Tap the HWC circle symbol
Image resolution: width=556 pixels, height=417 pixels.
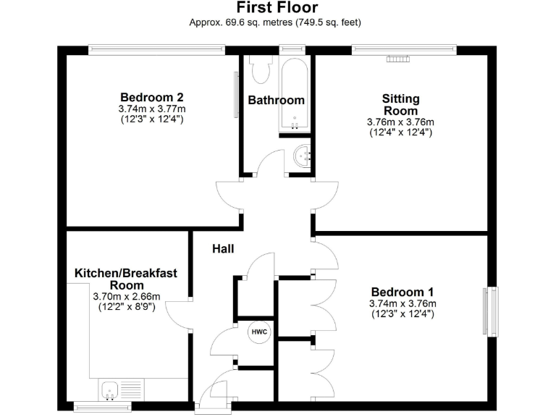[259, 332]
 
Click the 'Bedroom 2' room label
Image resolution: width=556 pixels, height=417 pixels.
[151, 97]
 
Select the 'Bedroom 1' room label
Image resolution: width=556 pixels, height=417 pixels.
[402, 292]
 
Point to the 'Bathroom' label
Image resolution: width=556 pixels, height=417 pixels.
[276, 100]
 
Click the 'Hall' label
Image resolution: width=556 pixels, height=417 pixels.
[222, 248]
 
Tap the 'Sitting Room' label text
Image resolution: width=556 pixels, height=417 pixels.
[400, 104]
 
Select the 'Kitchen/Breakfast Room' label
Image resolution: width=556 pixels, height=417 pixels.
[126, 279]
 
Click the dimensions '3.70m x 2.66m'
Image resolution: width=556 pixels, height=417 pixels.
[126, 297]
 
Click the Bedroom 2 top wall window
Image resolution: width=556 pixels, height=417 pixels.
[156, 49]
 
